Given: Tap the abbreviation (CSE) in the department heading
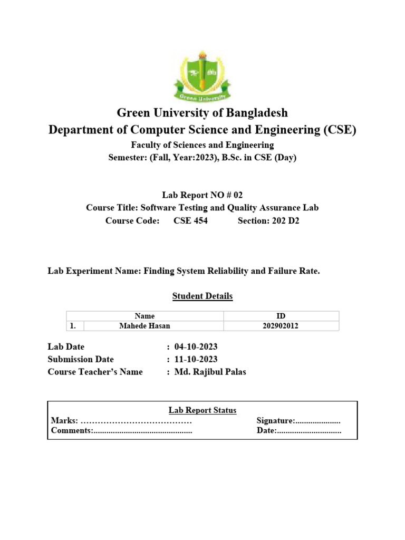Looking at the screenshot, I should click(x=338, y=130).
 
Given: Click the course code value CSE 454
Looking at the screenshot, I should click(x=190, y=221).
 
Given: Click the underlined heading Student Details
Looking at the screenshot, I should click(x=202, y=296).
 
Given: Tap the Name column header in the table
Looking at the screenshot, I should click(x=144, y=316).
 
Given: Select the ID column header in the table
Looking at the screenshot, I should click(x=281, y=316).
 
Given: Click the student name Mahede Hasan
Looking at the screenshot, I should click(x=144, y=326).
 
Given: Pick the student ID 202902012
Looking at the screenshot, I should click(x=281, y=326).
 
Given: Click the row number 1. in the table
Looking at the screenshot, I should click(x=73, y=326).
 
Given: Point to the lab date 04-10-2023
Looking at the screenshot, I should click(x=196, y=347).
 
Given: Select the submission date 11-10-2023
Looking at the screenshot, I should click(x=195, y=360).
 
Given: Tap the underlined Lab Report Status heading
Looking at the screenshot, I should click(x=202, y=410).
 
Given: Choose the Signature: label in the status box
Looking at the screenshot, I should click(x=275, y=421).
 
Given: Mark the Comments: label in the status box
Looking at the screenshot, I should click(x=72, y=431).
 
